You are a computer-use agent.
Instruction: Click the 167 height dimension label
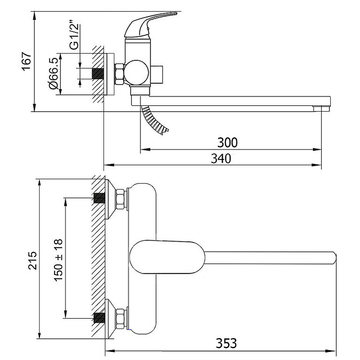[x=27, y=61]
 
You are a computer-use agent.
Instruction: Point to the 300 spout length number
[x=227, y=143]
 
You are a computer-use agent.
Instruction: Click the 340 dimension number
[x=221, y=158]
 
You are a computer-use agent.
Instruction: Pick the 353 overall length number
[x=226, y=343]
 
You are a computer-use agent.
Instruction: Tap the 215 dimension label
[x=32, y=261]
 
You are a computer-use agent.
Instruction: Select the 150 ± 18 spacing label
[x=58, y=260]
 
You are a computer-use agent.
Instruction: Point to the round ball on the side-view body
[x=136, y=72]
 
